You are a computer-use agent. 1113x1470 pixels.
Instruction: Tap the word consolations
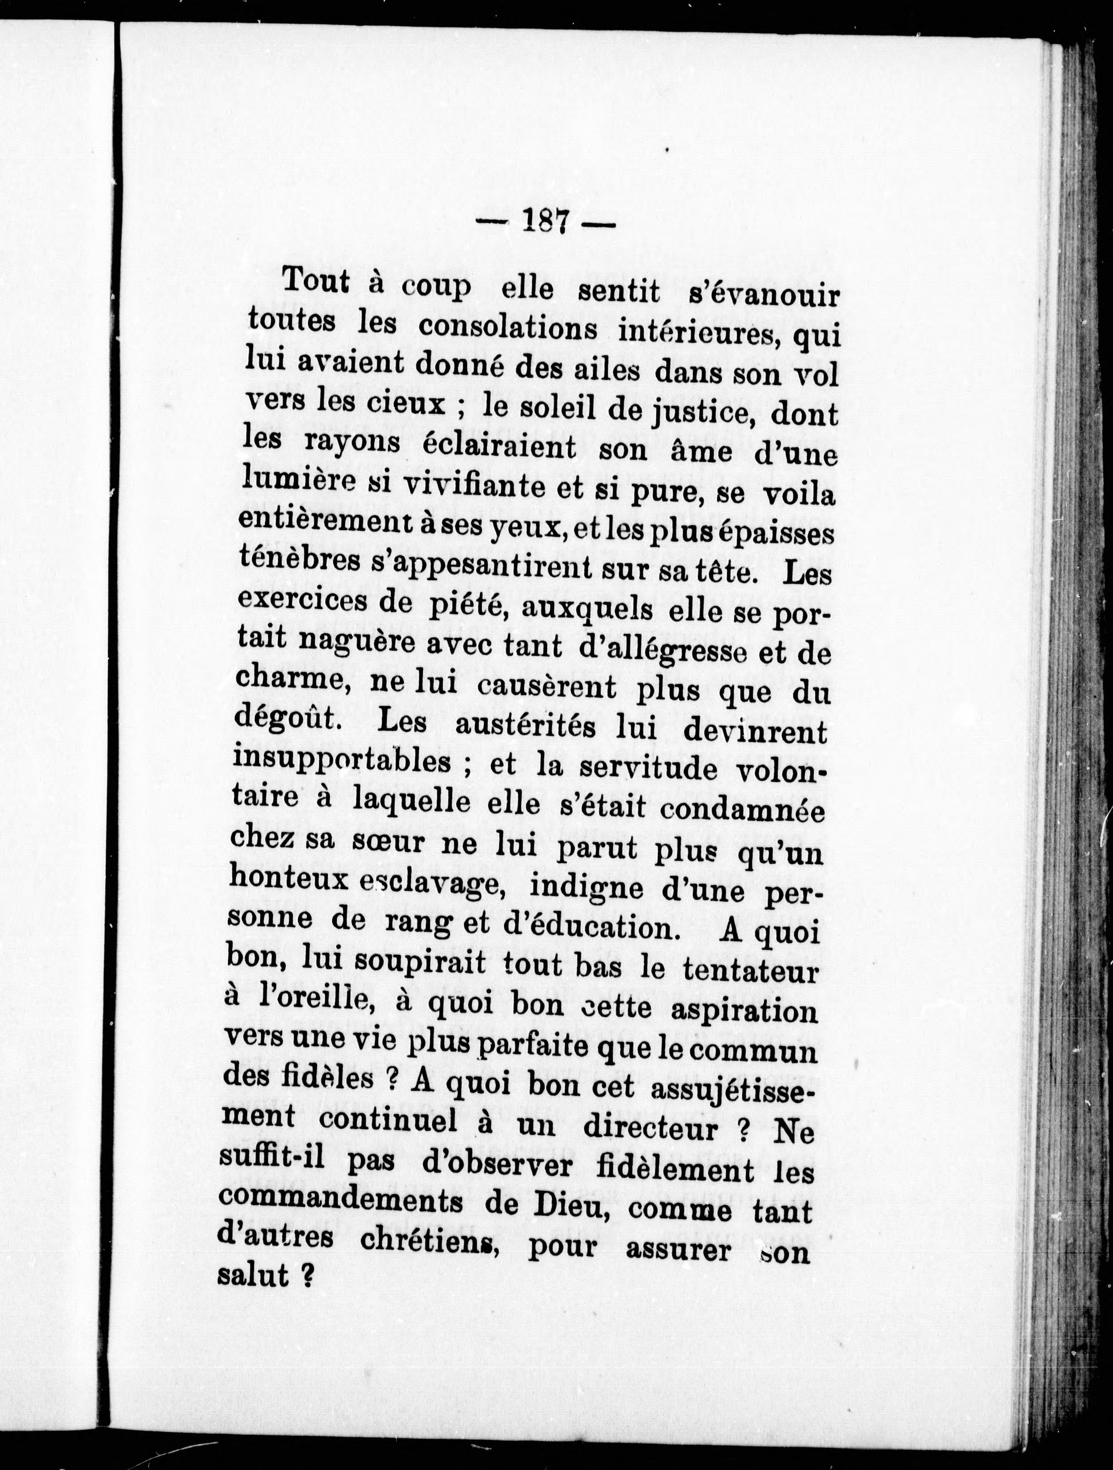click(508, 330)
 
